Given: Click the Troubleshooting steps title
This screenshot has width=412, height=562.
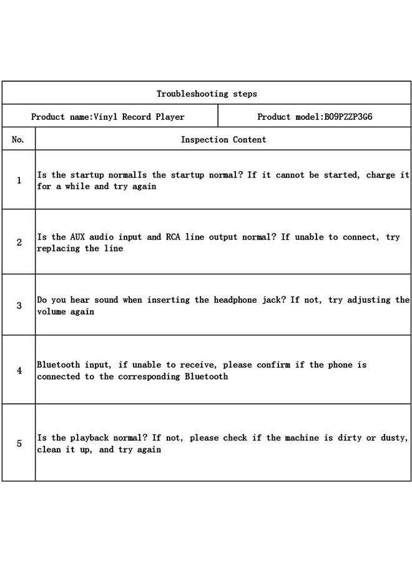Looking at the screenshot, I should tap(207, 94).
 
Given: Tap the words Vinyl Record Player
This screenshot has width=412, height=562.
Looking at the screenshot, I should tap(139, 117).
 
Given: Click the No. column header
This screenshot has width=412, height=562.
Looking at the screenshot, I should tap(18, 140).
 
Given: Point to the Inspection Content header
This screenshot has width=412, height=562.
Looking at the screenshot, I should tap(223, 140).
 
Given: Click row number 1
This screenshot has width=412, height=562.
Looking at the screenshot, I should tap(19, 180).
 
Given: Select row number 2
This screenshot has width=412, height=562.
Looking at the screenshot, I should tap(19, 242).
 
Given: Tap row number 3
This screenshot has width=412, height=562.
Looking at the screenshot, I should tap(19, 305).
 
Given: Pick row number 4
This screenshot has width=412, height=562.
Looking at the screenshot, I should tap(19, 370).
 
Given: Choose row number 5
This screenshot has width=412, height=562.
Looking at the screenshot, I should tap(19, 443).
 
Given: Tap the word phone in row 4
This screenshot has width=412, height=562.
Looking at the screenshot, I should tap(340, 365).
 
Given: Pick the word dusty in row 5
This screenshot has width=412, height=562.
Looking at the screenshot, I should tap(395, 438).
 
